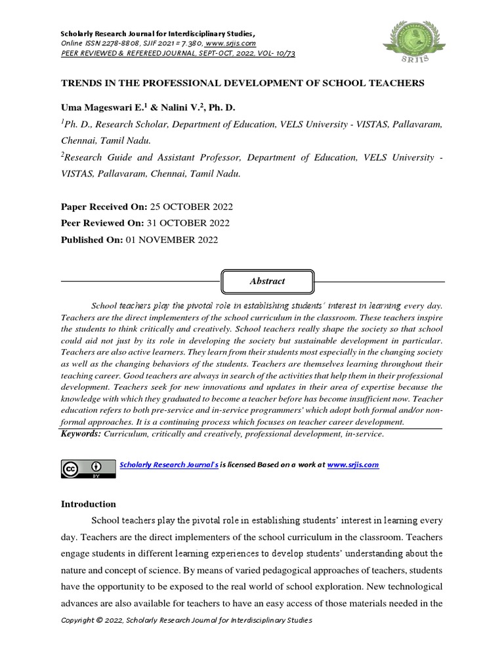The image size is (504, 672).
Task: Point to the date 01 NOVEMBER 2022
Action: (171, 240)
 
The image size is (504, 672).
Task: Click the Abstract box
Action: (267, 281)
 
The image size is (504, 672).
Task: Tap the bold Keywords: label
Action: (81, 434)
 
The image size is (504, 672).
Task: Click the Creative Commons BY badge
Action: (88, 469)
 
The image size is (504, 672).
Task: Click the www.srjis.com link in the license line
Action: (353, 465)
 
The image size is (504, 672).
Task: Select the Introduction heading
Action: (88, 504)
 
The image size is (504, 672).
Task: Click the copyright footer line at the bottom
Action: (186, 620)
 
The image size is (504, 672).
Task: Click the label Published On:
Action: (91, 240)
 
